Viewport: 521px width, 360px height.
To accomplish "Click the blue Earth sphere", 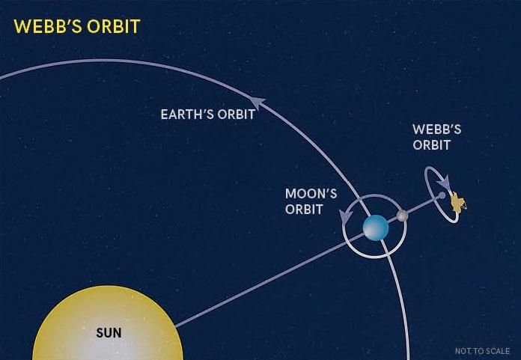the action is (x=376, y=228).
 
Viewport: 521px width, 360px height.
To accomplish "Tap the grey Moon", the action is (x=403, y=216).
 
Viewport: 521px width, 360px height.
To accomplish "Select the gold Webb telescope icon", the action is (x=458, y=202).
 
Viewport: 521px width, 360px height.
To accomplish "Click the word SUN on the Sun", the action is (x=109, y=333).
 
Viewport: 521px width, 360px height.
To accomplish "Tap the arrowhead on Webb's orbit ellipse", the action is (x=444, y=182).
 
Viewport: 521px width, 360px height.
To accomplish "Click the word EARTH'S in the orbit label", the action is (x=187, y=115).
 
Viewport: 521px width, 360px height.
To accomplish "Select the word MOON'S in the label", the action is (x=311, y=194).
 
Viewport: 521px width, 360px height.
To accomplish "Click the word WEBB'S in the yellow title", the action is (x=47, y=26).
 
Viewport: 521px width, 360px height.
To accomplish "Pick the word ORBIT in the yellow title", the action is (x=113, y=26).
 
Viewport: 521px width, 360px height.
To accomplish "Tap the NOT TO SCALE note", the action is (x=482, y=351).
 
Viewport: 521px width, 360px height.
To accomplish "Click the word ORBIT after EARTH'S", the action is (x=237, y=115).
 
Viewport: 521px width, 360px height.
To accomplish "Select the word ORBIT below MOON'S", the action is (x=304, y=210).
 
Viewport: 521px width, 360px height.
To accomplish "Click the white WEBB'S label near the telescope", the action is (x=437, y=129).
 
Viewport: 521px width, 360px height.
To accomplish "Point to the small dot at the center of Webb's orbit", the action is (x=442, y=195).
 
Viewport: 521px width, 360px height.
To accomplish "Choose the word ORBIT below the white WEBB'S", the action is (x=432, y=145).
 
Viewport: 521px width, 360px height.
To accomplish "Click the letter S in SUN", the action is (x=100, y=333).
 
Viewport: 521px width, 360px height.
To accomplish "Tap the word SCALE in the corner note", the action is (x=499, y=351).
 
